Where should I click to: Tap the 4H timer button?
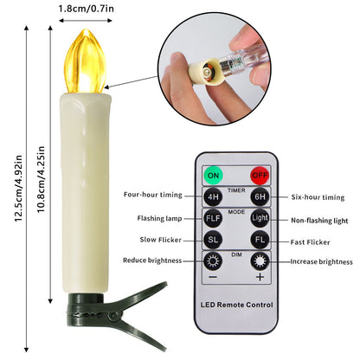212,197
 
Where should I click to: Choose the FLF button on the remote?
212,220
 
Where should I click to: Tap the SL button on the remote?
212,241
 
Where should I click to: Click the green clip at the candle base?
95,312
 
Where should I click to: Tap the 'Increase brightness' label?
321,261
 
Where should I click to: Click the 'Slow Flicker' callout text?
160,240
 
